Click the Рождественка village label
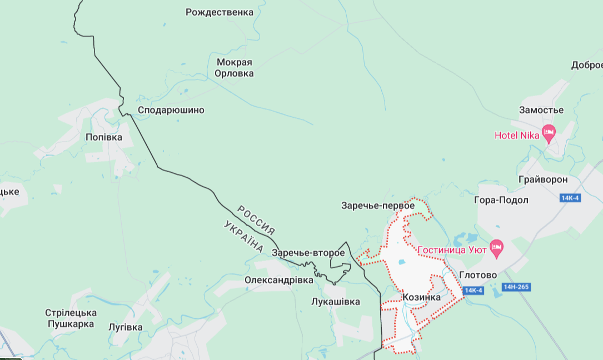pyautogui.click(x=219, y=12)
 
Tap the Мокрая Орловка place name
pyautogui.click(x=235, y=68)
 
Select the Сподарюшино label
pyautogui.click(x=171, y=110)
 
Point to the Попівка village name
pyautogui.click(x=104, y=137)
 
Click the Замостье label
pyautogui.click(x=541, y=110)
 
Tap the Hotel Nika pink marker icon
pyautogui.click(x=549, y=134)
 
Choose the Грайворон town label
pyautogui.click(x=543, y=180)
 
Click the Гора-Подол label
pyautogui.click(x=501, y=200)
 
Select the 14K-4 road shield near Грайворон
pyautogui.click(x=570, y=198)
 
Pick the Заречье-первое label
pyautogui.click(x=378, y=206)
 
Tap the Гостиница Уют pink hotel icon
pyautogui.click(x=496, y=248)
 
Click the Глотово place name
pyautogui.click(x=478, y=275)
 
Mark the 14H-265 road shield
pyautogui.click(x=516, y=287)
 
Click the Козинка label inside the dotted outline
pyautogui.click(x=421, y=297)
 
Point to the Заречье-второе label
pyautogui.click(x=308, y=253)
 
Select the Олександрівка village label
pyautogui.click(x=279, y=280)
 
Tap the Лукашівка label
pyautogui.click(x=335, y=302)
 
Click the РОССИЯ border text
pyautogui.click(x=256, y=219)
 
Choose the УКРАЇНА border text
pyautogui.click(x=243, y=236)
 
